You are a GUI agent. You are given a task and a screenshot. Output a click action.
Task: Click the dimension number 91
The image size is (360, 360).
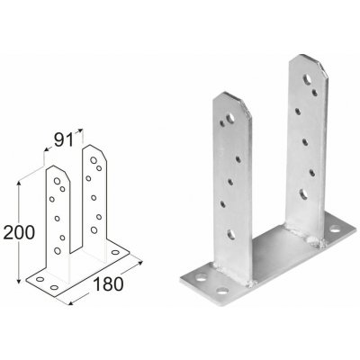(64, 140)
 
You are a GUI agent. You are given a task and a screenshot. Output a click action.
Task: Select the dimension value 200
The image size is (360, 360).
(19, 233)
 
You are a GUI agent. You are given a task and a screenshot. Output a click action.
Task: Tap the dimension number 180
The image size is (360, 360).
(108, 284)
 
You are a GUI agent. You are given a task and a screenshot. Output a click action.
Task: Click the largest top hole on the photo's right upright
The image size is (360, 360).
(308, 79)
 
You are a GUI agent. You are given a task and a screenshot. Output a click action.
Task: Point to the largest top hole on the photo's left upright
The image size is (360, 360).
(230, 118)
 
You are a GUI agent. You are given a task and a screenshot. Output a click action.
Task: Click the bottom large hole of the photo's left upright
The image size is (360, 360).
(231, 234)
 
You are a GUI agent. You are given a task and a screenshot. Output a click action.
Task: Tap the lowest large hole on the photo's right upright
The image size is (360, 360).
(303, 194)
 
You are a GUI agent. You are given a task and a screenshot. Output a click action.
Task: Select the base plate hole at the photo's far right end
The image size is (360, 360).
(335, 229)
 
